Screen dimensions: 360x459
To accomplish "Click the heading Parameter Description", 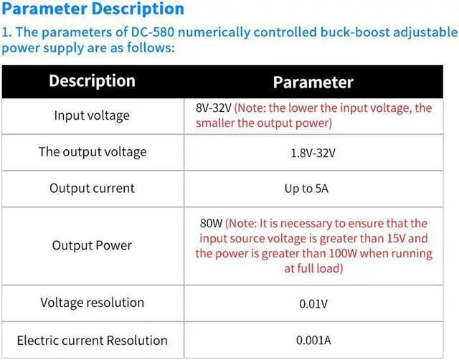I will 93,10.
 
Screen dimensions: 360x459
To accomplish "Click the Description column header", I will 92,80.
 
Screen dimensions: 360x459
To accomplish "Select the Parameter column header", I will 313,82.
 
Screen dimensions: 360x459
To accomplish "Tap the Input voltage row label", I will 92,115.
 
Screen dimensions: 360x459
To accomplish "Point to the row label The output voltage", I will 92,152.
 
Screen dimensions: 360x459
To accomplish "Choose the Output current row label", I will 92,189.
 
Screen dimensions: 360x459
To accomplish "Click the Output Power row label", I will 92,245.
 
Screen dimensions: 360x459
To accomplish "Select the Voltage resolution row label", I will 92,303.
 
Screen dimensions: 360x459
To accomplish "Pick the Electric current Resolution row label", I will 92,340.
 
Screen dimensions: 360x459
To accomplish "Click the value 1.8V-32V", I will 313,153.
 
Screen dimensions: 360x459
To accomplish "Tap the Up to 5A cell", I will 313,189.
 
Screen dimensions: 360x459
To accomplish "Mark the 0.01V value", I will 313,303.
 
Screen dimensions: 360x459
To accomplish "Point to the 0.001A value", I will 313,340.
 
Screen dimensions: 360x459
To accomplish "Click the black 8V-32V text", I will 214,108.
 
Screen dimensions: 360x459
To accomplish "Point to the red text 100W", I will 316,253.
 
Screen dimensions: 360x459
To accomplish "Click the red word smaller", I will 218,123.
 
